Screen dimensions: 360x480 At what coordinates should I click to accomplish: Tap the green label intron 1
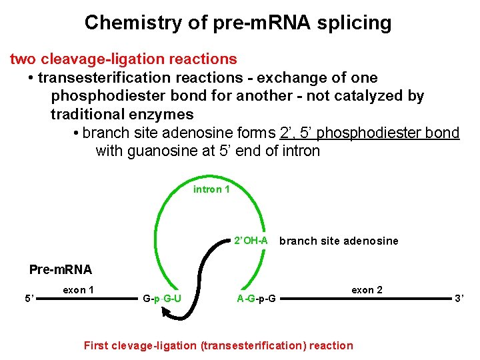(x=211, y=189)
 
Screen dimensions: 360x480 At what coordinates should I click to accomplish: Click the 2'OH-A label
(x=251, y=240)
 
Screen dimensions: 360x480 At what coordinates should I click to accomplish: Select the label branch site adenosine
(x=339, y=241)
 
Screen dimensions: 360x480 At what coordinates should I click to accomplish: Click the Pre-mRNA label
(x=61, y=270)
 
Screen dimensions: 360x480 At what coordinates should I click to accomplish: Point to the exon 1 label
(x=78, y=290)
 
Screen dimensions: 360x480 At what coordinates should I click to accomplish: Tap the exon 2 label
(x=367, y=290)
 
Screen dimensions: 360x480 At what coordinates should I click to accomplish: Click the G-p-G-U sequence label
(x=162, y=298)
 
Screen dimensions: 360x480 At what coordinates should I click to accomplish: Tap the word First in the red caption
(x=94, y=345)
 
